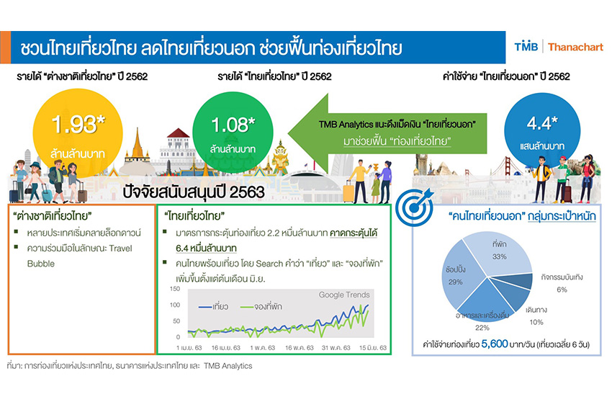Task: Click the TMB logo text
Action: coord(526,47)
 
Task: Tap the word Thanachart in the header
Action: coord(575,48)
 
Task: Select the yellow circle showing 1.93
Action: coord(78,133)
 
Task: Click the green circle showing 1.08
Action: coord(233,132)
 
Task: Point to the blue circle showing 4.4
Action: coord(542,131)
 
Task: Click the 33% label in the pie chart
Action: coord(500,256)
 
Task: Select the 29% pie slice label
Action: coord(456,282)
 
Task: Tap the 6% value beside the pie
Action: coord(562,290)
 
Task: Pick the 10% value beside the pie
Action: coord(536,322)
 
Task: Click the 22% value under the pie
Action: coord(482,328)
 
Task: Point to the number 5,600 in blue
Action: coord(495,344)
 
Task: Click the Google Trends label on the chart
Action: coord(344,295)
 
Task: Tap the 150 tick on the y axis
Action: coord(175,289)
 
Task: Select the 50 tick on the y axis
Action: coord(176,321)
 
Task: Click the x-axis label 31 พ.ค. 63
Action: coord(336,348)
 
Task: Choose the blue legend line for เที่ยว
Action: coord(205,307)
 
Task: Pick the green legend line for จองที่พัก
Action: coord(246,307)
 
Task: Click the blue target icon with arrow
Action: coord(415,207)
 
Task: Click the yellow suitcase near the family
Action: coord(348,192)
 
